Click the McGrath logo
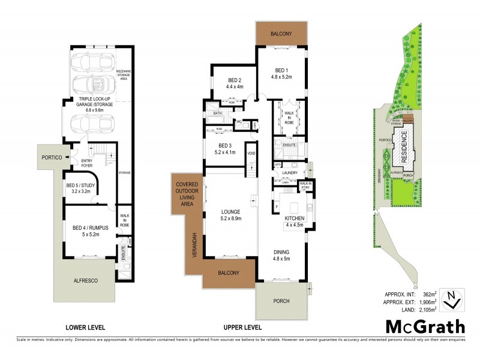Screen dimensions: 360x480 pyautogui.click(x=425, y=327)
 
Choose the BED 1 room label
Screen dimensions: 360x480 pyautogui.click(x=281, y=69)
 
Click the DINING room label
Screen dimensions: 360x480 pyautogui.click(x=281, y=253)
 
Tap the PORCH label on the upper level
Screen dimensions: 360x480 pyautogui.click(x=281, y=301)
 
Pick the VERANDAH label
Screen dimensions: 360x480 pyautogui.click(x=194, y=243)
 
